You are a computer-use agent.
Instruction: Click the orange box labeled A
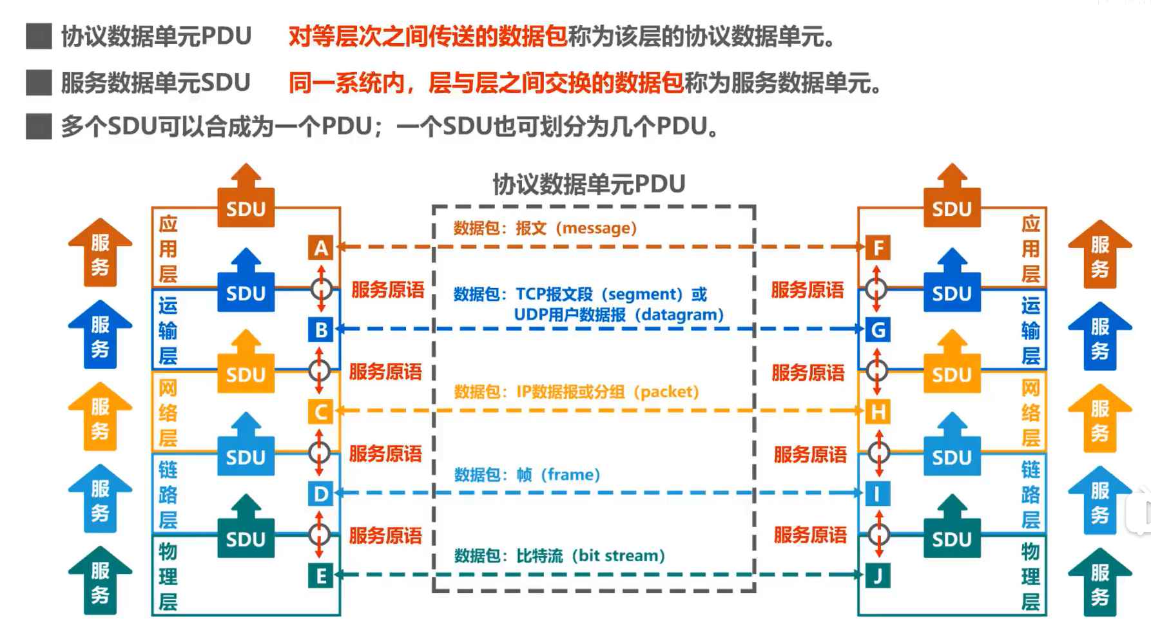321,248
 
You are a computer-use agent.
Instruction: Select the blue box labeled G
878,330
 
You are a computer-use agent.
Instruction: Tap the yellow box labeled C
321,412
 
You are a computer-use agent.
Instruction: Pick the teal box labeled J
878,575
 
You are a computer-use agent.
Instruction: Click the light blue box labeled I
878,494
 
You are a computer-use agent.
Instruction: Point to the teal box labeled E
321,575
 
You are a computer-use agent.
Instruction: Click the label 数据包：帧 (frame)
527,475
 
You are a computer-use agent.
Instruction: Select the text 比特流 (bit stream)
590,555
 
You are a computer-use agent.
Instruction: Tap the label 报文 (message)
576,228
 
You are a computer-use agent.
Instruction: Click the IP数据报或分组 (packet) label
608,392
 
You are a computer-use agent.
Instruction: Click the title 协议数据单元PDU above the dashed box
588,184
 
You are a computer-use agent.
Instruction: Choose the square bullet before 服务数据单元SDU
39,83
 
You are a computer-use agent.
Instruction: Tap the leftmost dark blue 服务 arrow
100,335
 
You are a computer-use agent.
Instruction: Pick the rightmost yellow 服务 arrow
1099,419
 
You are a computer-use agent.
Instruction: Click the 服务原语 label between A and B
387,290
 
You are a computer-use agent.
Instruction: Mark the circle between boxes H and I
878,452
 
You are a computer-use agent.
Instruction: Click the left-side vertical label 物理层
168,576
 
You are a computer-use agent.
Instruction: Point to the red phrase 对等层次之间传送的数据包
427,37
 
